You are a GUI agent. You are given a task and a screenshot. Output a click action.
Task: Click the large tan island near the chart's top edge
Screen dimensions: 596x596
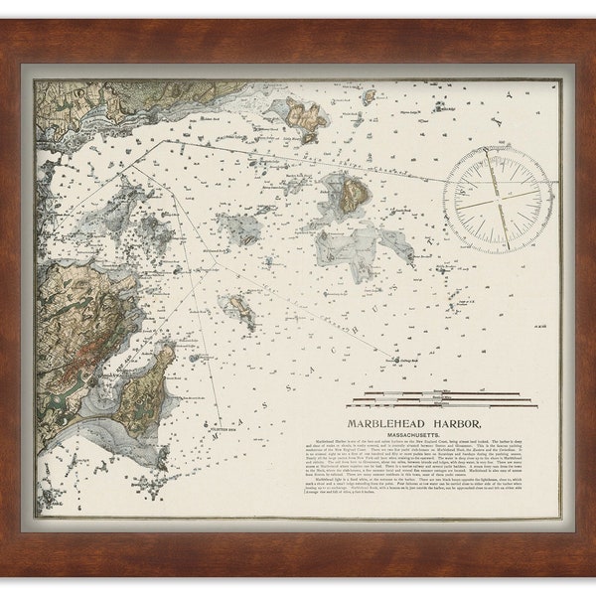coord(301,117)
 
